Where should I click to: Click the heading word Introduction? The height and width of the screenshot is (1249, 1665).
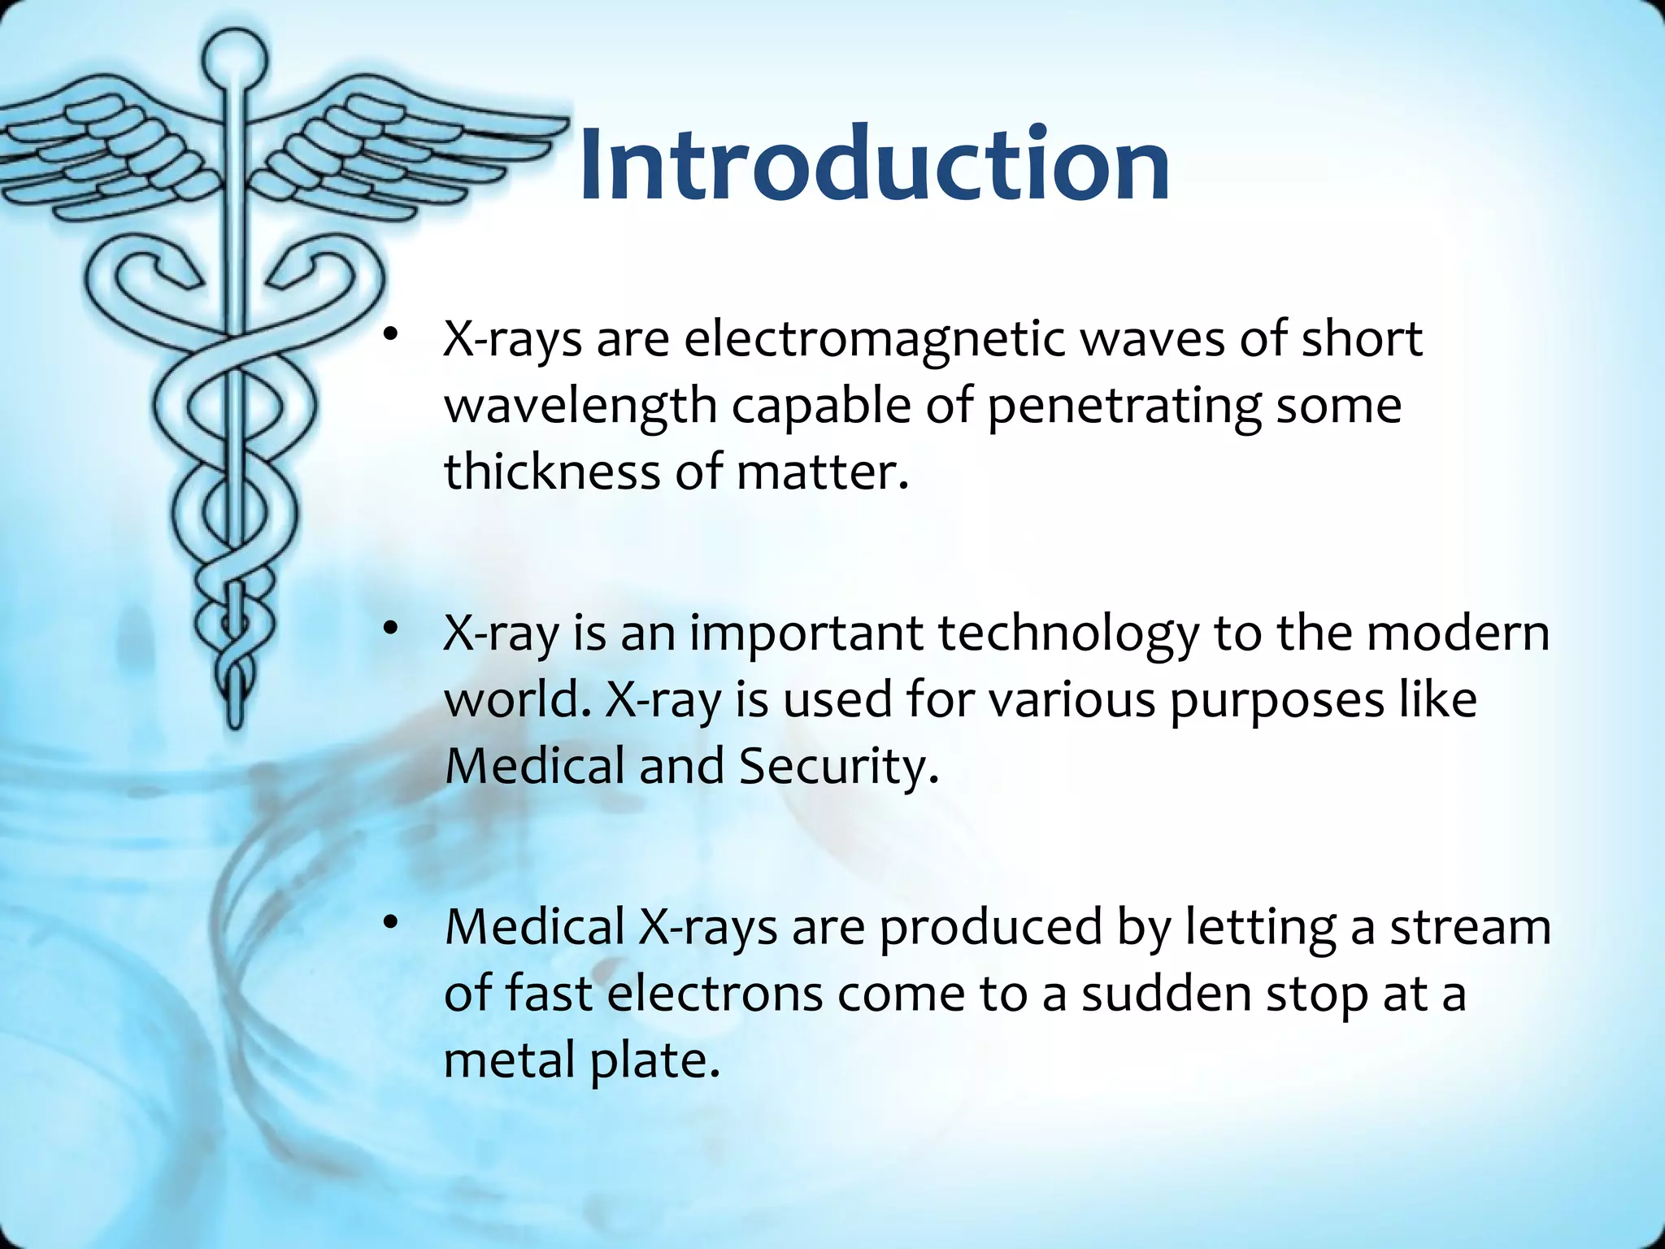874,164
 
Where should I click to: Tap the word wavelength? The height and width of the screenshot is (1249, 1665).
580,406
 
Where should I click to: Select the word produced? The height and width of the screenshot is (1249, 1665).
991,928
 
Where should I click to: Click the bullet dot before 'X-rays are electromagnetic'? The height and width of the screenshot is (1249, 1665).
391,334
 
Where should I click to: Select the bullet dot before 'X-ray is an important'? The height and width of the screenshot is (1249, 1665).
391,629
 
